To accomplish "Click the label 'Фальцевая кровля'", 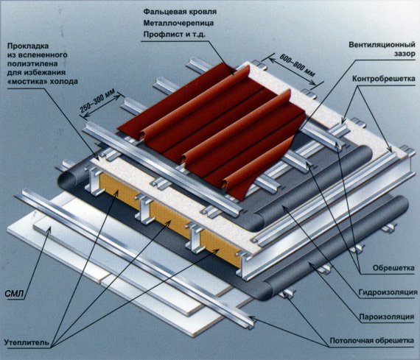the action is tap(180, 12).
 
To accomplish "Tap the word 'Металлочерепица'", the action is tap(178, 24).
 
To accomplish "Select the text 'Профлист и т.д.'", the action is tap(175, 35).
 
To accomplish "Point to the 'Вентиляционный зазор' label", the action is tap(382, 49).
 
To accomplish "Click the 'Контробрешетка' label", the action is tap(384, 79).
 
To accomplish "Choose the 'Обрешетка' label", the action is tap(393, 268).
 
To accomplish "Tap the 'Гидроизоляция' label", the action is tap(388, 292).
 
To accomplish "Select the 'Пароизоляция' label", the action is tap(387, 317).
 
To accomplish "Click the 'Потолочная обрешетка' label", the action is tap(372, 341).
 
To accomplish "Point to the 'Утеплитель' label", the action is tap(27, 342).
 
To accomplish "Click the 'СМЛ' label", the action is tap(14, 294).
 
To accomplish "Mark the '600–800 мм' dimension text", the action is tap(298, 65).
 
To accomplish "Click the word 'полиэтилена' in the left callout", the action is tap(32, 64).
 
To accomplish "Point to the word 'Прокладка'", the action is tap(28, 46).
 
